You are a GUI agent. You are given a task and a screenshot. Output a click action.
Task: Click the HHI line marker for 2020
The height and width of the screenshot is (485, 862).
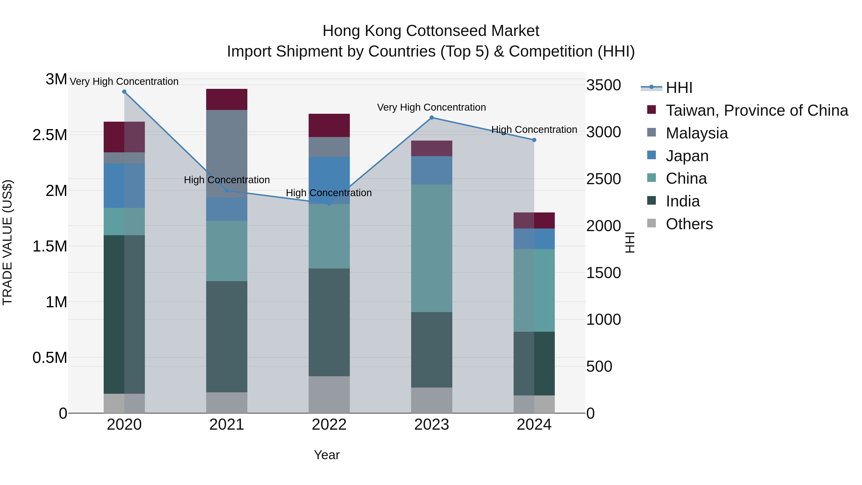point(124,92)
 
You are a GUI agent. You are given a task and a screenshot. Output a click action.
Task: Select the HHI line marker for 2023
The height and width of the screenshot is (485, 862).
point(431,118)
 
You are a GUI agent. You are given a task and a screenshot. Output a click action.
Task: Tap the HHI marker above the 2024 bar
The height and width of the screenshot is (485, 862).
point(534,140)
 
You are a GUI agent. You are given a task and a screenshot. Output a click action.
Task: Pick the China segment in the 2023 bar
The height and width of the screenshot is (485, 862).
point(431,248)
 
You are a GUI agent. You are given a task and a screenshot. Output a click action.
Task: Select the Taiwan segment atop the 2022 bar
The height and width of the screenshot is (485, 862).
point(329,125)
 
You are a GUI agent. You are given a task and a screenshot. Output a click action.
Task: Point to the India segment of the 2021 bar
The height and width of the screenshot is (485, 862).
point(227,337)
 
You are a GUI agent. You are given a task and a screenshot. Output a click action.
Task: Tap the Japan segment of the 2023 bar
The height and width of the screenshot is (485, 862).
point(431,170)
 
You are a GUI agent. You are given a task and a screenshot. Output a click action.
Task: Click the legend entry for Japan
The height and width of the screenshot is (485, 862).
point(687,156)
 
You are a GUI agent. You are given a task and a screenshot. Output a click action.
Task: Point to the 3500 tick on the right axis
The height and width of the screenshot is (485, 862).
point(603,85)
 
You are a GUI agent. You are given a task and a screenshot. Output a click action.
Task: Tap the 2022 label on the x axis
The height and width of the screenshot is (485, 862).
point(329,425)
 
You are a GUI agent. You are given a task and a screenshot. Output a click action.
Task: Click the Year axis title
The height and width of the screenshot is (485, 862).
point(327,455)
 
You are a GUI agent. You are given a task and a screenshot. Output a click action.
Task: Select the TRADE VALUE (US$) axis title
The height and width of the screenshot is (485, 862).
point(7,242)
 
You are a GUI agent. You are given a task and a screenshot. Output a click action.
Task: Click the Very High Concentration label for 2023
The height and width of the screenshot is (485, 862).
point(431,108)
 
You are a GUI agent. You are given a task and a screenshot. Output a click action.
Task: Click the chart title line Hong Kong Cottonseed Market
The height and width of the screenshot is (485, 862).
point(431,31)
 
